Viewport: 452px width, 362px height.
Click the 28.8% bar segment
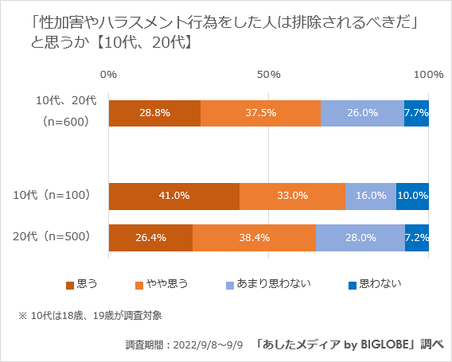pyautogui.click(x=154, y=113)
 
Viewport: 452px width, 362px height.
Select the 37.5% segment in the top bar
pyautogui.click(x=260, y=113)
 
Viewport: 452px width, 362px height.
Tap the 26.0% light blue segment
pyautogui.click(x=362, y=113)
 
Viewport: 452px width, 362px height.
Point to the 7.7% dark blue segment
pyautogui.click(x=416, y=113)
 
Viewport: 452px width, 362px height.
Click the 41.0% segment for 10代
pyautogui.click(x=173, y=196)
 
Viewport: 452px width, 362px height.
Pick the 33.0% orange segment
pyautogui.click(x=292, y=196)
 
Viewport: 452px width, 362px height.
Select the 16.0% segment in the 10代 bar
pyautogui.click(x=371, y=196)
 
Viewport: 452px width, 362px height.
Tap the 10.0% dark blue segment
pyautogui.click(x=412, y=196)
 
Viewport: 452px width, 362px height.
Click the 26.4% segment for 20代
pyautogui.click(x=150, y=238)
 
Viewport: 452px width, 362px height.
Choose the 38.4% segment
pyautogui.click(x=254, y=238)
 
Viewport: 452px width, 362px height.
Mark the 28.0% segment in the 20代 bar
pyautogui.click(x=360, y=238)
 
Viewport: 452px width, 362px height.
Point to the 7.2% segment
pyautogui.click(x=417, y=238)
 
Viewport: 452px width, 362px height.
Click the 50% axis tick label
pyautogui.click(x=269, y=74)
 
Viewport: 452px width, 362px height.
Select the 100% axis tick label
pyautogui.click(x=429, y=74)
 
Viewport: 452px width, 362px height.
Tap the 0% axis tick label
pyautogui.click(x=109, y=74)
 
